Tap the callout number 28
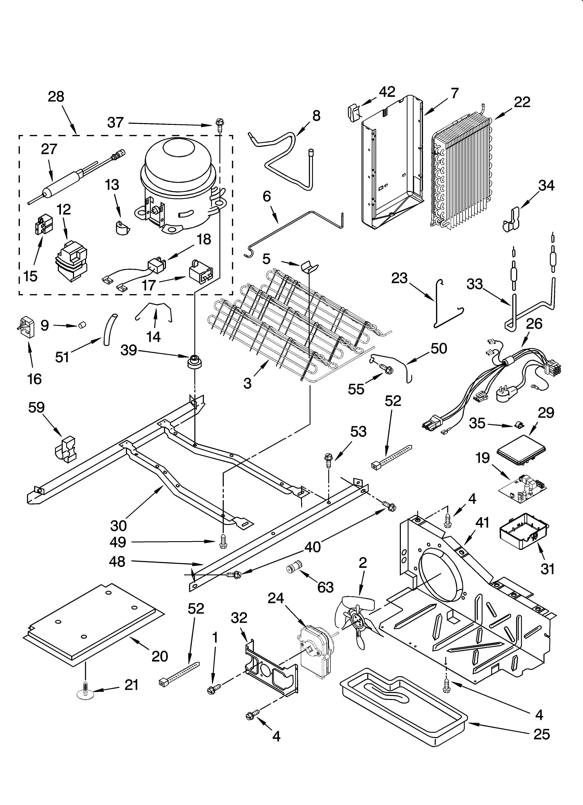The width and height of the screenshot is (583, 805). (x=56, y=96)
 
